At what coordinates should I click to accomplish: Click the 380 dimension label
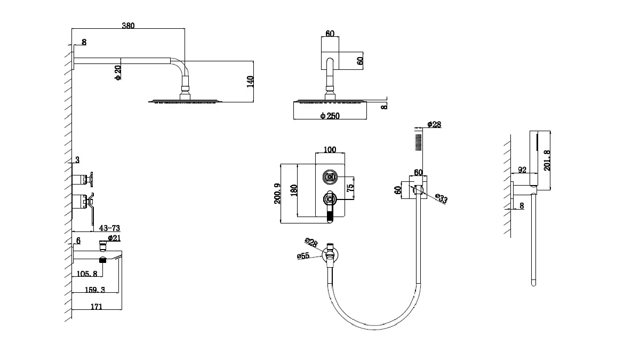point(128,26)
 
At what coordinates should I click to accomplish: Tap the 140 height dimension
point(250,82)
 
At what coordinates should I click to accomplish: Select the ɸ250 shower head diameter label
point(330,116)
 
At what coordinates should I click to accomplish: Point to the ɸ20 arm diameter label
point(118,73)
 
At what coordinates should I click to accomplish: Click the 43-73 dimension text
point(109,228)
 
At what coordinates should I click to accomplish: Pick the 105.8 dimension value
point(87,274)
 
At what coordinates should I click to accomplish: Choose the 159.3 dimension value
point(95,290)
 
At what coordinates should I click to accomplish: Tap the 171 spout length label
point(97,307)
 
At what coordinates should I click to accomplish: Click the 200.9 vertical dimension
point(277,194)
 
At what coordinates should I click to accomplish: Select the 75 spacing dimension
point(350,188)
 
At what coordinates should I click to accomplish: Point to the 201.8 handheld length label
point(547,161)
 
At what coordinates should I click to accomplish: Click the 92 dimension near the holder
point(522,170)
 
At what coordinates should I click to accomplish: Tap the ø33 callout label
point(441,198)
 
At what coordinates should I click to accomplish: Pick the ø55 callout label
point(303,255)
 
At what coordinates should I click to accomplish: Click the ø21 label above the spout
point(114,238)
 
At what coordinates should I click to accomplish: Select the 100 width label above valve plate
point(330,149)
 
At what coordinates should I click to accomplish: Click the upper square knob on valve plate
point(330,177)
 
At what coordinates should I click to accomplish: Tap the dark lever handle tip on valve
point(330,217)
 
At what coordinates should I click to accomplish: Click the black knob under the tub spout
point(102,260)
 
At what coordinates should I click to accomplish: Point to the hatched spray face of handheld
point(419,142)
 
